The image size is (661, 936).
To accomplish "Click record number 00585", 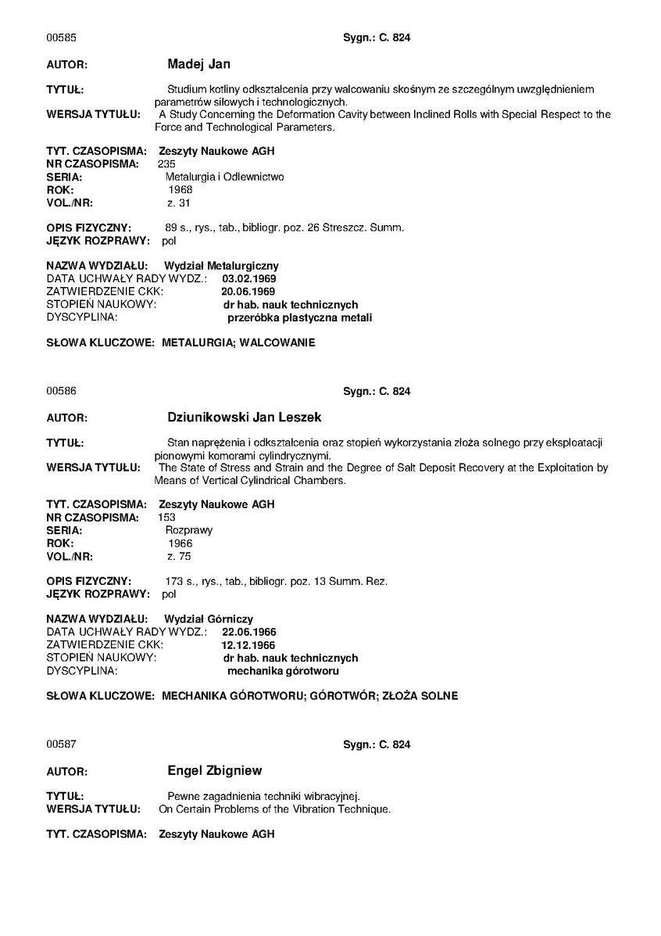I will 61,38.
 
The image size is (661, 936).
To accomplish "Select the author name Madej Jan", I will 198,64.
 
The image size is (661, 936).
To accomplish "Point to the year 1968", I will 180,189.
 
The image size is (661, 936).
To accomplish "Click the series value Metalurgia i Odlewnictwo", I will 224,177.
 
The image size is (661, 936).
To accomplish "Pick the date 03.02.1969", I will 249,278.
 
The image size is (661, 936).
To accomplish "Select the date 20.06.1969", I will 248,291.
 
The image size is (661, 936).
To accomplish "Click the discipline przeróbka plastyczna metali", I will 299,317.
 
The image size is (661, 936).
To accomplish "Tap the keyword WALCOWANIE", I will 278,342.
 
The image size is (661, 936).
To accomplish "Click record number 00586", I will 61,391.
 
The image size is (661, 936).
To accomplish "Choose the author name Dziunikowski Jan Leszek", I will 245,418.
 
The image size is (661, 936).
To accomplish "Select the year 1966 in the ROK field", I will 180,543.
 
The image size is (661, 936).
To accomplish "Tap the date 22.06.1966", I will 249,632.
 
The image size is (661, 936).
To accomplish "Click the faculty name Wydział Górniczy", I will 209,619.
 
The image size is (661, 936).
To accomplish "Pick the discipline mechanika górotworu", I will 283,671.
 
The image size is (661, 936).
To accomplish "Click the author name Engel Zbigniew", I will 215,770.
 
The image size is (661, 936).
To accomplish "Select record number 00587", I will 61,744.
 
